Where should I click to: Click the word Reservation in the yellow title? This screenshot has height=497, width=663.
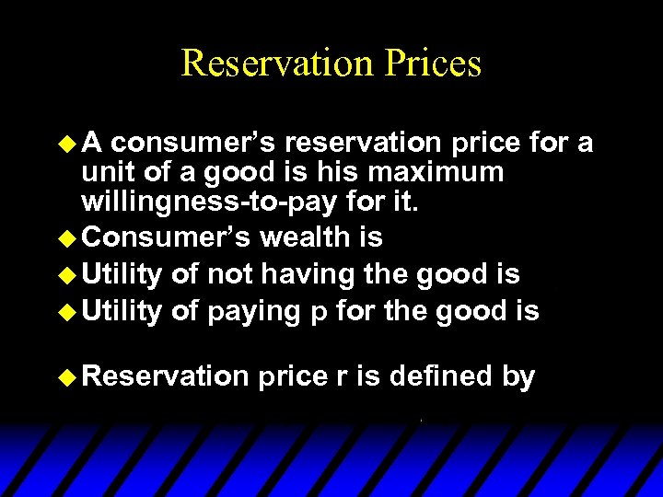(273, 63)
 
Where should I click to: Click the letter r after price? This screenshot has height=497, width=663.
(342, 377)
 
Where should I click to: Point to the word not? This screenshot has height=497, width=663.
(230, 273)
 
